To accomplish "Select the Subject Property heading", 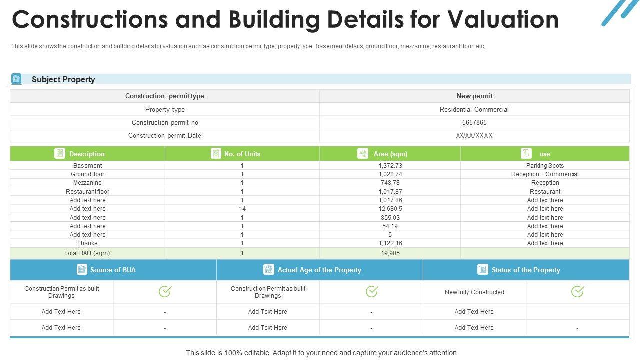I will [x=63, y=79].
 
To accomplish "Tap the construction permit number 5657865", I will [x=474, y=122].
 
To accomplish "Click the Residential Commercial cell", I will [x=474, y=109].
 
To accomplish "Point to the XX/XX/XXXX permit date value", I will [x=474, y=135].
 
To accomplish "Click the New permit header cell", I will [x=474, y=96].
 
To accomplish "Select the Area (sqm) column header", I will [x=390, y=154].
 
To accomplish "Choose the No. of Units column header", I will [x=242, y=154].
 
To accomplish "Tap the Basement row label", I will [x=87, y=166].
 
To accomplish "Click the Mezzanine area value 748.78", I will [x=390, y=183].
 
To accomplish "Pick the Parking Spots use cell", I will [x=545, y=166].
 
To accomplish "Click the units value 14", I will [x=242, y=209].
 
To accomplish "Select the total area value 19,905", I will [x=390, y=253].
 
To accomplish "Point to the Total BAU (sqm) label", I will [x=87, y=253].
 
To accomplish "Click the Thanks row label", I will [x=87, y=243].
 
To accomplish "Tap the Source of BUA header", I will [x=113, y=270].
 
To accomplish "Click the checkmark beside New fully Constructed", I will [x=577, y=291].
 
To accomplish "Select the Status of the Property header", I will [x=525, y=270].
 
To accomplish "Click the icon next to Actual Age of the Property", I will [x=269, y=270].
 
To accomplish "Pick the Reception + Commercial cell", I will [x=545, y=174].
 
